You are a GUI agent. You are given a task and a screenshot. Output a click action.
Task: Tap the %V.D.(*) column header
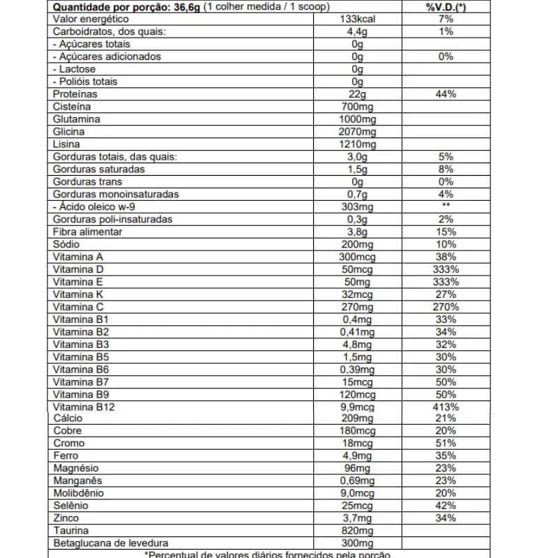(x=446, y=6)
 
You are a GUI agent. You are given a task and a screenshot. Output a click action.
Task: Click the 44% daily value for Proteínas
(x=446, y=94)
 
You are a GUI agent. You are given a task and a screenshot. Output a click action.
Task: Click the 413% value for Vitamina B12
(x=446, y=407)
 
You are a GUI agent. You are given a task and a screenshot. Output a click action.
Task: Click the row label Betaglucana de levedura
(x=110, y=543)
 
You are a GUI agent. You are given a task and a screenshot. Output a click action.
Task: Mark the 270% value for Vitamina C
(x=446, y=307)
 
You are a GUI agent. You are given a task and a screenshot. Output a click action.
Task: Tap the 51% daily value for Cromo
(x=446, y=443)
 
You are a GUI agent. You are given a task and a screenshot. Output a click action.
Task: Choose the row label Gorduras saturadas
(x=98, y=169)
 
